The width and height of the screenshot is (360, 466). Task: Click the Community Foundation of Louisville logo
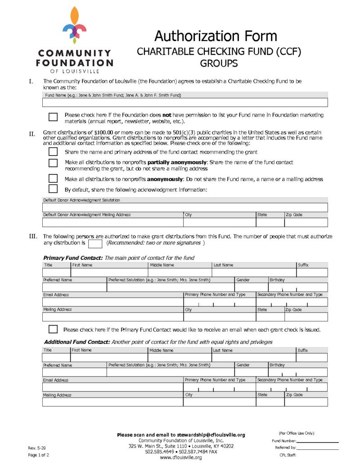click(74, 40)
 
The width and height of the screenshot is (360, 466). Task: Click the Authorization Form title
click(216, 36)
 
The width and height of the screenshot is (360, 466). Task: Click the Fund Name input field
click(185, 103)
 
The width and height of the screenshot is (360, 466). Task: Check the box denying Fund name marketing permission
click(53, 117)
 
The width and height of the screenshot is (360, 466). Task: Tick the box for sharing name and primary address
click(53, 152)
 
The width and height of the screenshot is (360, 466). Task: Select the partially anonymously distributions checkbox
click(53, 163)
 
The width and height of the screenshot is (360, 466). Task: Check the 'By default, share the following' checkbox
click(53, 189)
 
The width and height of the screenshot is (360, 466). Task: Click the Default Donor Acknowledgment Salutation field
click(185, 208)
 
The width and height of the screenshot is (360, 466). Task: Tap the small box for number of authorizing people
click(95, 244)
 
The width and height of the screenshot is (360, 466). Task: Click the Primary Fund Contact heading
click(73, 258)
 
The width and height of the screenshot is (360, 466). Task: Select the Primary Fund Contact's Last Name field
click(254, 273)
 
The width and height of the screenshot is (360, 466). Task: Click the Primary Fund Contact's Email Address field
click(112, 302)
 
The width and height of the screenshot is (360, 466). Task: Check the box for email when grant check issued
click(53, 329)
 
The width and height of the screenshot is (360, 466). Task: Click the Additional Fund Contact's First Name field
click(109, 357)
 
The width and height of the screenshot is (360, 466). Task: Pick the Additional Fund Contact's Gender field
click(251, 372)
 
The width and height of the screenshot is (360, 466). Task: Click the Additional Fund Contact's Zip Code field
click(306, 402)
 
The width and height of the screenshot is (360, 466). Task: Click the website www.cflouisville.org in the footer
click(181, 457)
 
